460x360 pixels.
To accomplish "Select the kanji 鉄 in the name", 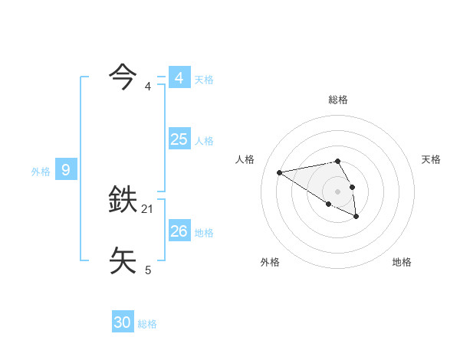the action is point(124,201).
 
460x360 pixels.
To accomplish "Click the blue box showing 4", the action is point(179,78).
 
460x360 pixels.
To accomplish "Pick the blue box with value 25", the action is point(179,139).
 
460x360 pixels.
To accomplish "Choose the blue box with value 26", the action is point(179,231).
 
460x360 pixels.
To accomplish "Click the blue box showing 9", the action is point(66,170).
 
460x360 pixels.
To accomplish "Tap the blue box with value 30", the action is point(123,322).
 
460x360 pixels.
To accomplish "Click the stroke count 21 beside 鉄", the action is point(148,209).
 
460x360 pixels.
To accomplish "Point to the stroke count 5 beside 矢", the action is point(148,270).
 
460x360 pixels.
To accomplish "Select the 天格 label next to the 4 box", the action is point(204,80).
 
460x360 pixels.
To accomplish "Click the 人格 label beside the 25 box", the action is point(204,141).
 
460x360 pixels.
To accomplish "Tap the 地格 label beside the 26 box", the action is point(204,233).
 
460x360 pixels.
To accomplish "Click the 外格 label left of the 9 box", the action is point(41,172).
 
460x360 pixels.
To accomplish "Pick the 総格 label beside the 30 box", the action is point(147,324).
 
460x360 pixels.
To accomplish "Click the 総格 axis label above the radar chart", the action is point(338,100).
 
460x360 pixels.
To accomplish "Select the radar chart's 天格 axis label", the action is point(431,159).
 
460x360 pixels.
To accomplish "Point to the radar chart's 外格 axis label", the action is point(270,262).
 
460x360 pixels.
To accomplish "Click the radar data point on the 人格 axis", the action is point(280,172).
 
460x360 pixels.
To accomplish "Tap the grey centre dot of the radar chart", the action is point(338,191).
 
